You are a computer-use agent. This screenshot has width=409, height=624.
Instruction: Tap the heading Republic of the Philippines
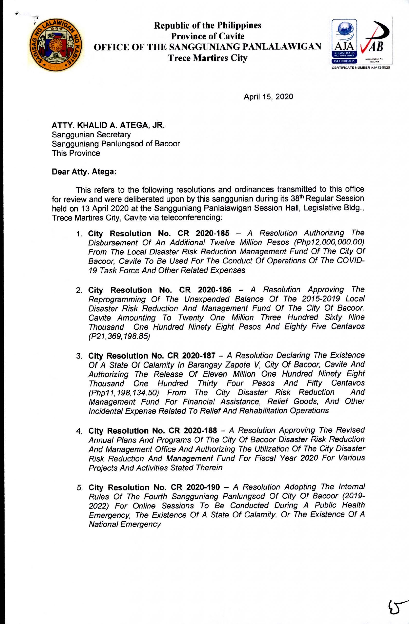(x=207, y=25)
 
